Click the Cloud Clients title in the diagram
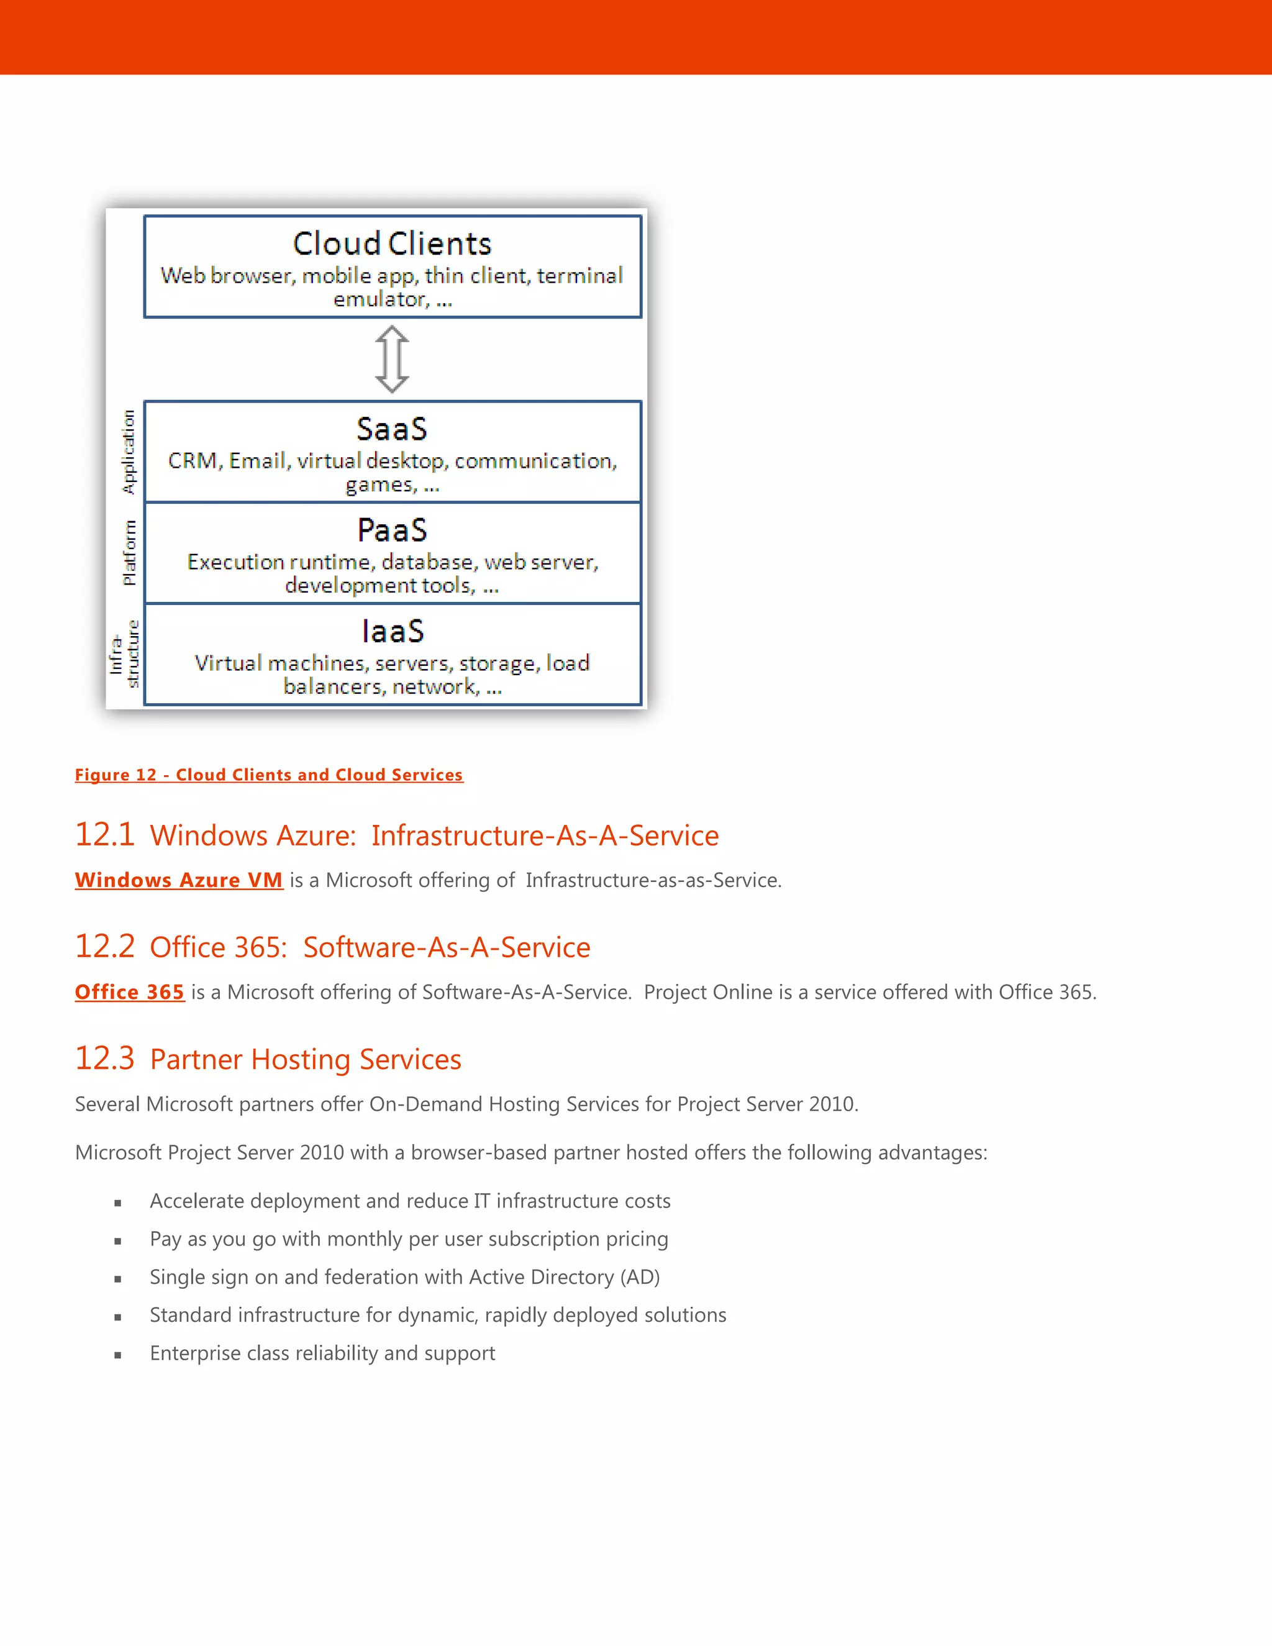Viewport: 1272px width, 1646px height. pos(392,244)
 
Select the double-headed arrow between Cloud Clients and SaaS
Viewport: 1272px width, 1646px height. pos(392,360)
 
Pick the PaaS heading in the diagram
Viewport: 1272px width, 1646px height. pos(392,530)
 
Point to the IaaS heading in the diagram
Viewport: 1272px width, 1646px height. pos(393,632)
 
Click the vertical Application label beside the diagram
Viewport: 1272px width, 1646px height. pos(129,452)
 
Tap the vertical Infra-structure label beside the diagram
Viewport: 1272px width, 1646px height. pos(124,654)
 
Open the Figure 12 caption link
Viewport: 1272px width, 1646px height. pos(269,775)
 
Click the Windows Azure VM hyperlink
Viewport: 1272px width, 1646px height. pos(179,880)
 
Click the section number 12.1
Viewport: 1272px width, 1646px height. pos(105,835)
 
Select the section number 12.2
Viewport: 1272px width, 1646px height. pos(105,947)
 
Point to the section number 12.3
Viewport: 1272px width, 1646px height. pos(105,1059)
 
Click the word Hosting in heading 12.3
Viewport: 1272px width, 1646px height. pos(301,1060)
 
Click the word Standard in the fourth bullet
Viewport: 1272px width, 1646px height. pos(191,1315)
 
